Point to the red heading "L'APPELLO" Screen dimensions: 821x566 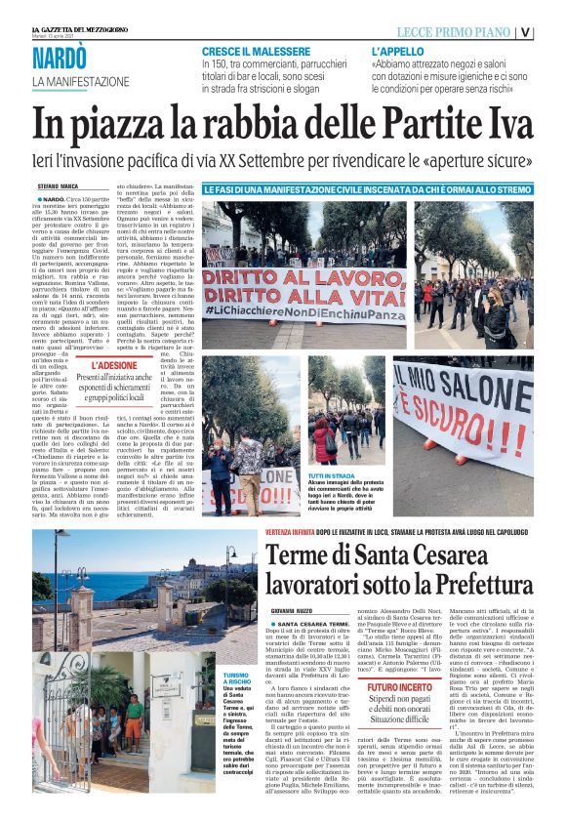(x=397, y=50)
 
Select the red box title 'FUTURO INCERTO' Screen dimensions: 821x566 (x=425, y=661)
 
